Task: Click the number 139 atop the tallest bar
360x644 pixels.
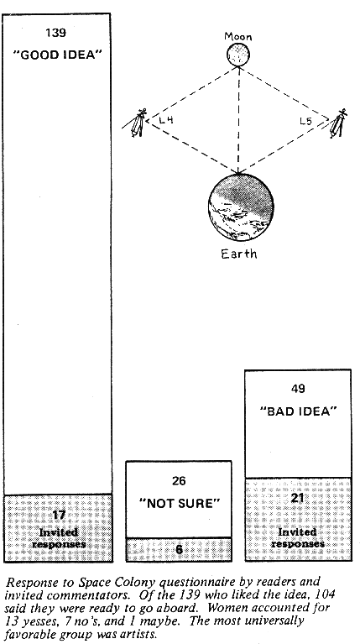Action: (x=56, y=33)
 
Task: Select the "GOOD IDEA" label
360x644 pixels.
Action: (x=57, y=55)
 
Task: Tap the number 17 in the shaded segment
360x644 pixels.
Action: (x=59, y=515)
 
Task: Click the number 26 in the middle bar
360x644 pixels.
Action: (x=179, y=480)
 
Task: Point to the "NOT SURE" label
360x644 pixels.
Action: (x=180, y=503)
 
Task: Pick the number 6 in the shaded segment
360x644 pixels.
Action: (x=179, y=549)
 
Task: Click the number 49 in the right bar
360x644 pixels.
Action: (x=298, y=388)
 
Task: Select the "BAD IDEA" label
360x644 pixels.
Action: (x=298, y=411)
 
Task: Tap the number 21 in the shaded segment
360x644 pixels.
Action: (x=297, y=498)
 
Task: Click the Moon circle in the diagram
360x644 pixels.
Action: (x=238, y=55)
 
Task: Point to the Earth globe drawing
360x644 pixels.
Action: (x=241, y=207)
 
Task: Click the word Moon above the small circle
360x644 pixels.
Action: (x=238, y=37)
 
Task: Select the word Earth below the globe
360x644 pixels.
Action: (x=239, y=254)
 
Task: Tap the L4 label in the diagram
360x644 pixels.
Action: (x=166, y=120)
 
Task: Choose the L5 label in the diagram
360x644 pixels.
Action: (x=305, y=121)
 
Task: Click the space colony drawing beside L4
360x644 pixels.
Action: (x=137, y=123)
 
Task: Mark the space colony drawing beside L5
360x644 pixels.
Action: (x=337, y=123)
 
